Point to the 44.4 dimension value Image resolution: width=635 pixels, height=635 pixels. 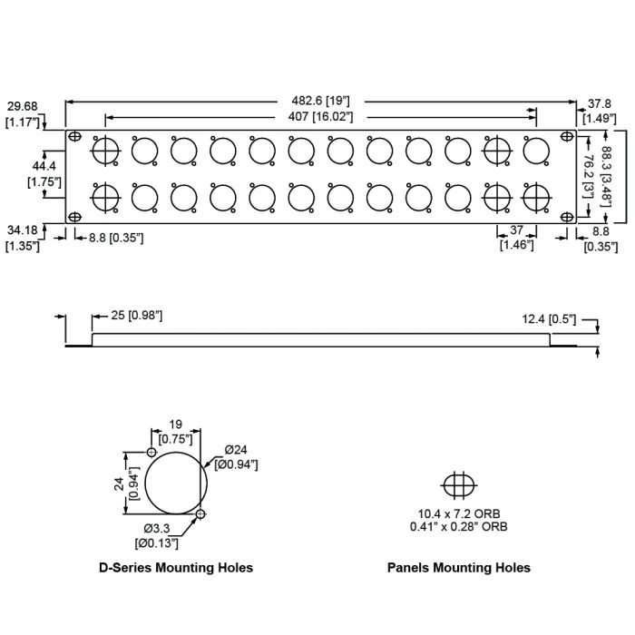pos(44,166)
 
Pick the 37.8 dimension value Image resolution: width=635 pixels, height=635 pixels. pos(601,103)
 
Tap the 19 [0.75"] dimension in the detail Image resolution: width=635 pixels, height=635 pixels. pos(175,431)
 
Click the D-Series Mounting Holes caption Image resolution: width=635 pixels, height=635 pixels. pos(176,568)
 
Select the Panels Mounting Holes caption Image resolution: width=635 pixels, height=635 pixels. pos(458,568)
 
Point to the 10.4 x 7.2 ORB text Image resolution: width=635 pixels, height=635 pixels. pos(458,513)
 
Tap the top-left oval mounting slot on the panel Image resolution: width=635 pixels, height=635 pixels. pos(75,137)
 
